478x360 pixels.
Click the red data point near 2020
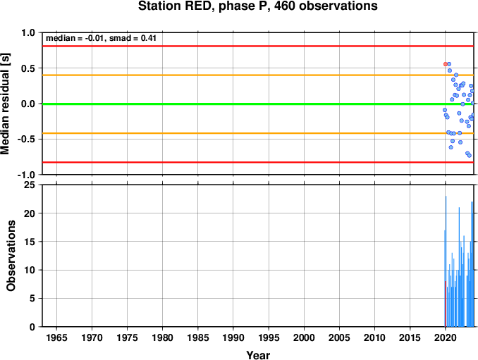click(446, 64)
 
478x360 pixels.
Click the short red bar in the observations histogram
click(446, 304)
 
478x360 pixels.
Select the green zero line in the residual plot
click(258, 104)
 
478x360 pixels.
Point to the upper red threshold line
click(258, 46)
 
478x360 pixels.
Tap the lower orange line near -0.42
click(258, 133)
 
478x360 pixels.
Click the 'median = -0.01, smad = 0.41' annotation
click(101, 38)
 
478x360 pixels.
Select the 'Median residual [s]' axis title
click(5, 104)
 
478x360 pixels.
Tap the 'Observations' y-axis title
click(11, 256)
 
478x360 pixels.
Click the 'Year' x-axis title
click(258, 355)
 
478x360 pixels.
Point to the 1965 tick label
click(56, 337)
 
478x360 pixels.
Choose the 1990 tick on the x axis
click(233, 337)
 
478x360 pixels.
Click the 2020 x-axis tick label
click(446, 337)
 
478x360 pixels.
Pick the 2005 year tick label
click(339, 337)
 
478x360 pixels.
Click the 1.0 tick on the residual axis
click(28, 32)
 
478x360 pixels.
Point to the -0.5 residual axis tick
click(26, 139)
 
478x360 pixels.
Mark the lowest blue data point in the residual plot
click(469, 155)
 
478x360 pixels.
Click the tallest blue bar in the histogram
click(446, 261)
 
